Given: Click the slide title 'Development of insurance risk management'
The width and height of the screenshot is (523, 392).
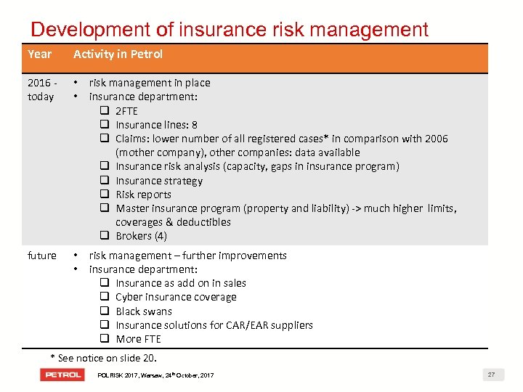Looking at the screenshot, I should pos(230,29).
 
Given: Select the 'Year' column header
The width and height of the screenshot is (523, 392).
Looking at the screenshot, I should pos(40,54).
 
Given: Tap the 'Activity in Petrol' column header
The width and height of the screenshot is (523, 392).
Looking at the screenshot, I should pos(118,54).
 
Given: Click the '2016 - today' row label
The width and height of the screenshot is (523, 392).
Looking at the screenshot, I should pos(41,90).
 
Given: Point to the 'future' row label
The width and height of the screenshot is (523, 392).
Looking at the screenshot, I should pos(41,256).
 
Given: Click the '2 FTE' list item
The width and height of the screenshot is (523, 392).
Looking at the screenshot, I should pos(126,111).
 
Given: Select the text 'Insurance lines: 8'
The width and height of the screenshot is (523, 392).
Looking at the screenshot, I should pos(156,125).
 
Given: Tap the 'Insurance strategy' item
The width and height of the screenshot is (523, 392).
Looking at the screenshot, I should pos(159,181).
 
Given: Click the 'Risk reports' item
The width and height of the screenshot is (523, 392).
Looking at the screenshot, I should pos(143,195).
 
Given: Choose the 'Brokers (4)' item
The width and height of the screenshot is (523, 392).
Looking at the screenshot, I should pos(141,236).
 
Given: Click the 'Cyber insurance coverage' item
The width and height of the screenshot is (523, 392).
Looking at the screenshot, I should pos(176,297).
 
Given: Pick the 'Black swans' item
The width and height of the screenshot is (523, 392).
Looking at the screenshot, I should pos(144,311).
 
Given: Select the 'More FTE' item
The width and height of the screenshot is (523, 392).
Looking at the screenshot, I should pos(138,339).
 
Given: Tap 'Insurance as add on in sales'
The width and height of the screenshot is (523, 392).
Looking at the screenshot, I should pos(181,283).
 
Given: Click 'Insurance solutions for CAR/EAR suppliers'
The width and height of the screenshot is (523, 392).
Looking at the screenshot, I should pos(214,325).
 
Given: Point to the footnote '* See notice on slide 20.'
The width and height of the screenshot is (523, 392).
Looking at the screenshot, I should pos(103,358).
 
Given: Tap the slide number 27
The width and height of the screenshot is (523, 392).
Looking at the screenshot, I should pos(491,375).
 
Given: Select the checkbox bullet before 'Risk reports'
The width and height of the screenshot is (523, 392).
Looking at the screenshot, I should pos(105,195).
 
